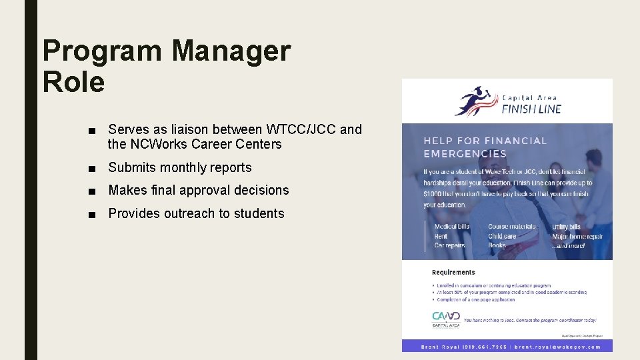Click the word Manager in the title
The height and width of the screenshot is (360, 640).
click(231, 51)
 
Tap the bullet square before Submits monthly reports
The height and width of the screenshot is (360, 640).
click(98, 168)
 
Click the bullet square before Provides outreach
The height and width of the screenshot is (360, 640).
click(98, 214)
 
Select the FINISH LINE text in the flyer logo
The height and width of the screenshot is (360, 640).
click(531, 109)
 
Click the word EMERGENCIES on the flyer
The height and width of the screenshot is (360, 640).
click(465, 153)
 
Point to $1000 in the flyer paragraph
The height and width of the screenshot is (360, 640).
click(434, 193)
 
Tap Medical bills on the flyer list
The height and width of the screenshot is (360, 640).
click(452, 227)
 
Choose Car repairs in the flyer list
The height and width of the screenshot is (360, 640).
click(450, 245)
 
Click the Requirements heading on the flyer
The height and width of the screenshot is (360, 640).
click(453, 272)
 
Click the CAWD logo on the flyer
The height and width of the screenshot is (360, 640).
click(446, 317)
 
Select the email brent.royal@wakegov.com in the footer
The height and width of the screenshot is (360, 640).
click(557, 347)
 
